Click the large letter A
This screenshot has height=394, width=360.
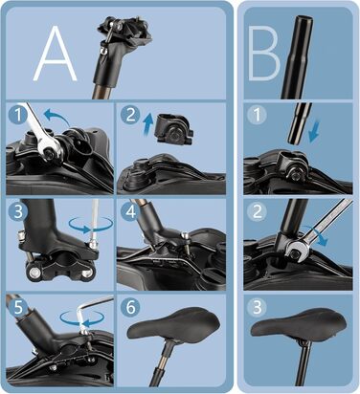coord(56,55)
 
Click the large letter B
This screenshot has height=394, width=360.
coord(263,53)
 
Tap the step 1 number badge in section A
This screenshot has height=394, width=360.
coord(18,114)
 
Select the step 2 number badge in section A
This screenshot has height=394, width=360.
coord(130,114)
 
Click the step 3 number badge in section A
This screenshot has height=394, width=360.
coord(18,210)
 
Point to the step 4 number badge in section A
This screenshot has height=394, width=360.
coord(130,210)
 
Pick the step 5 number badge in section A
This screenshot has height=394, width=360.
coord(18,307)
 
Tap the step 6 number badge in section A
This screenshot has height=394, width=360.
coord(130,307)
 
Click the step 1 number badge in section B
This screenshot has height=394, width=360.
coord(257,114)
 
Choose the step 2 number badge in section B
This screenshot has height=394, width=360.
coord(257,210)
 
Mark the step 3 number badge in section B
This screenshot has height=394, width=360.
coord(257,307)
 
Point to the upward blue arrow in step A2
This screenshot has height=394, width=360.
coord(147,125)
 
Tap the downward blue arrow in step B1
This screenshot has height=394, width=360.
coord(314,132)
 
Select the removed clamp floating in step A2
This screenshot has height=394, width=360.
coord(174,130)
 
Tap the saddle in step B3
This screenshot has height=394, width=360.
coord(299,323)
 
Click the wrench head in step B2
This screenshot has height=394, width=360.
coord(297,251)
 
